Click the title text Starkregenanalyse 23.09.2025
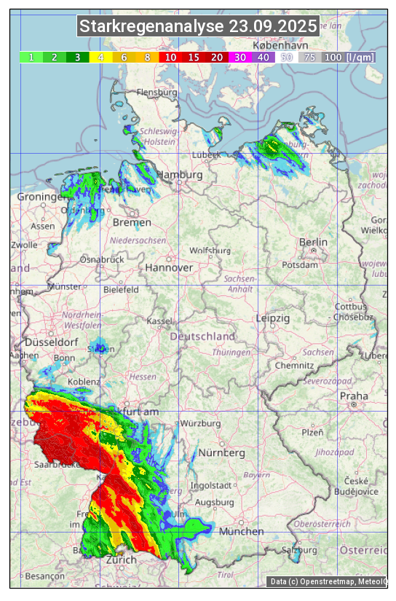(198, 27)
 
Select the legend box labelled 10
(170, 57)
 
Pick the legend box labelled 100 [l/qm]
(349, 57)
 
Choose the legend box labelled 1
(31, 57)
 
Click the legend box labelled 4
(101, 57)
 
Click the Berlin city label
(313, 242)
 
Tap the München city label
(241, 532)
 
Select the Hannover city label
(169, 267)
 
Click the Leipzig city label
(273, 318)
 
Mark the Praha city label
(354, 396)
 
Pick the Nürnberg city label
(221, 453)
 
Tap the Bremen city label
(132, 222)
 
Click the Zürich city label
(121, 559)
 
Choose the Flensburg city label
(157, 93)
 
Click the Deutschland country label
(202, 337)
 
